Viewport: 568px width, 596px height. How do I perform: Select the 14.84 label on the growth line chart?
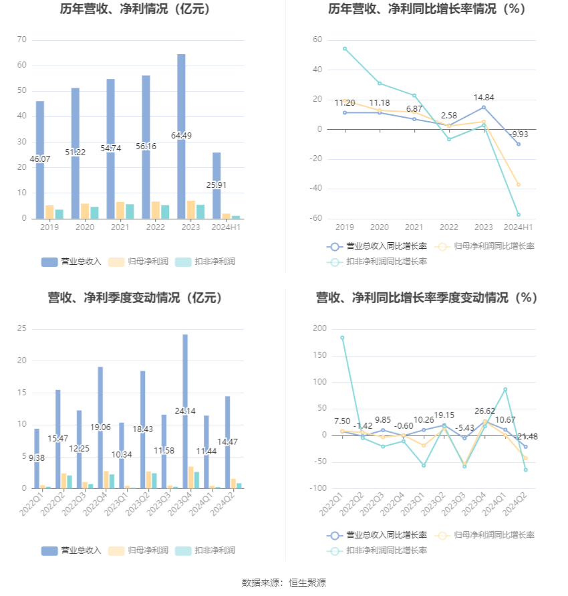(x=483, y=97)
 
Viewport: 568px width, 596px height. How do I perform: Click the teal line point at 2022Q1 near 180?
(x=342, y=338)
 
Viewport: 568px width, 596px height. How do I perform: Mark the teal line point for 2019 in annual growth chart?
(x=345, y=48)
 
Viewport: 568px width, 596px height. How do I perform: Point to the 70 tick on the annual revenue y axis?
(x=22, y=40)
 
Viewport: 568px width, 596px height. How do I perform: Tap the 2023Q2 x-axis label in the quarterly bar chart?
(x=138, y=504)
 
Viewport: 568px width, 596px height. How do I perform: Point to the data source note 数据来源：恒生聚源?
(x=283, y=583)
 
